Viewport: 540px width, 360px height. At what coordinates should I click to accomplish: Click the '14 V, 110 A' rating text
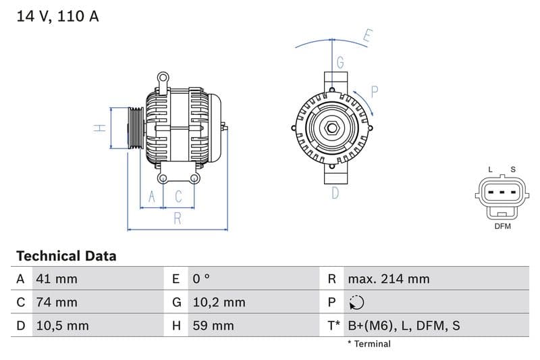pos(57,16)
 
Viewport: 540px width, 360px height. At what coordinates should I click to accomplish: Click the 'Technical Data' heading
pos(66,256)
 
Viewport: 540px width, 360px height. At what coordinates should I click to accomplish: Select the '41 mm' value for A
pos(57,279)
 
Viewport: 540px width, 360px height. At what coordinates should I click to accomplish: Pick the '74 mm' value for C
pos(57,302)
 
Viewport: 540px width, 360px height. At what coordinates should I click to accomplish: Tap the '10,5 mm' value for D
pos(61,326)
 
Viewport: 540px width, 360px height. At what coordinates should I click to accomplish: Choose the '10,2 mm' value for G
pos(219,302)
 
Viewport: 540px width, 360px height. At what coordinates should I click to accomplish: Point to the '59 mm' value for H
pos(213,326)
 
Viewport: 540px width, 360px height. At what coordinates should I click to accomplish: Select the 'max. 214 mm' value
pos(388,279)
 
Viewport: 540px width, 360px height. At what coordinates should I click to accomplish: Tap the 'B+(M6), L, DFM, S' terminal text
pos(404,326)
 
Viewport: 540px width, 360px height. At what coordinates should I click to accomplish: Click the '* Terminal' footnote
pos(369,344)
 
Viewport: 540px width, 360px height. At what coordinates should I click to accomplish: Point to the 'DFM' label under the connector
pos(502,226)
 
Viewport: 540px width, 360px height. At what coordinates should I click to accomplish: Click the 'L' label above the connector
pos(491,170)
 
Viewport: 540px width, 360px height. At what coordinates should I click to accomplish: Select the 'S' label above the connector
pos(513,170)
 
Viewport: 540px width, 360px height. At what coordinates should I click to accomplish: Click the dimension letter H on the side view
pos(99,127)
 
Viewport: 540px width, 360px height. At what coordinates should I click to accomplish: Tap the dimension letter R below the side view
pos(177,218)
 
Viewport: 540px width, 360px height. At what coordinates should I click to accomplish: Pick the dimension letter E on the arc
pos(367,36)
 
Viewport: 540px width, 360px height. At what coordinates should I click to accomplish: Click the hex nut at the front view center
pos(333,128)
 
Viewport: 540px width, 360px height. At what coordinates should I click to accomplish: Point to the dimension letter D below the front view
pos(335,193)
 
